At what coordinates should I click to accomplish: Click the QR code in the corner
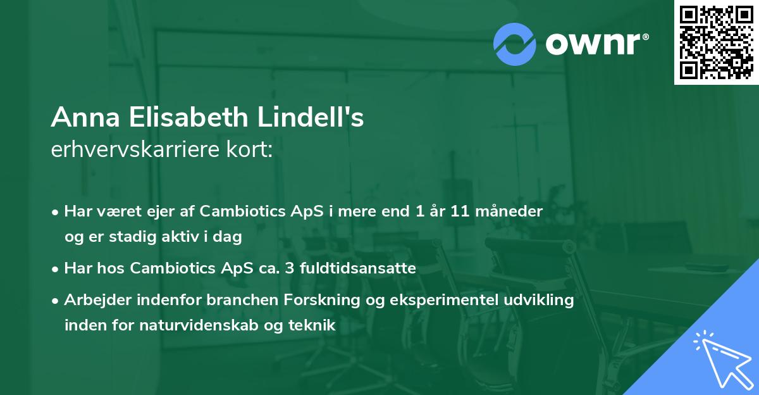pos(716,42)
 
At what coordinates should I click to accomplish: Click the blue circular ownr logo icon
pos(515,44)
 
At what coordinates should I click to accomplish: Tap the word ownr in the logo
pos(596,44)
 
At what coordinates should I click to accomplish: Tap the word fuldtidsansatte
pos(357,268)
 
